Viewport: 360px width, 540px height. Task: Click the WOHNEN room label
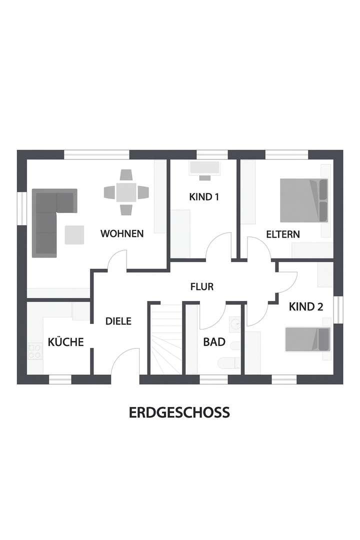click(122, 233)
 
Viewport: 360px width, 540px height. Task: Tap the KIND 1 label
click(204, 197)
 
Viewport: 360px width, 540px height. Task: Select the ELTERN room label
click(282, 234)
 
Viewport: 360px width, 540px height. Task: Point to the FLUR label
click(202, 287)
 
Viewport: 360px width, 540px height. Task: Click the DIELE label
click(118, 321)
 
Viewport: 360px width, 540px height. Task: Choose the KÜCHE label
click(65, 342)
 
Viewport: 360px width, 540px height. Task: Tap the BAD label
click(214, 342)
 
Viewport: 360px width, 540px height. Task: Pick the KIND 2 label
click(305, 307)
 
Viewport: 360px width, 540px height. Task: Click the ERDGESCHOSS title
click(179, 412)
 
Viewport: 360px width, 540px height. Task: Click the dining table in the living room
click(126, 192)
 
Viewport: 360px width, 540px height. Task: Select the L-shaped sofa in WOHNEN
click(50, 220)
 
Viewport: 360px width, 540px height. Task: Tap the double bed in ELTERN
click(303, 200)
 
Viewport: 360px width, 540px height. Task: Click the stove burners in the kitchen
click(34, 351)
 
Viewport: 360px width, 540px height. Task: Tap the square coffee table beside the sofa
click(75, 235)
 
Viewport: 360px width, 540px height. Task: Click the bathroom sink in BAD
click(235, 324)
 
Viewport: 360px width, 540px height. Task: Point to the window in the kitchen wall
click(60, 379)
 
